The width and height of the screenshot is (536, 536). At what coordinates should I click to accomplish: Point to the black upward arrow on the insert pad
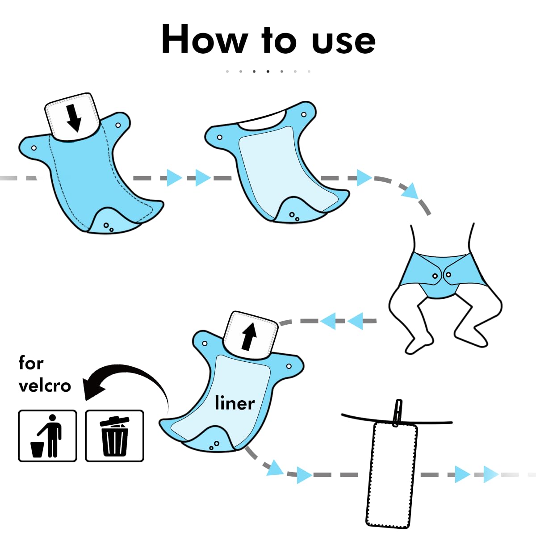click(x=249, y=336)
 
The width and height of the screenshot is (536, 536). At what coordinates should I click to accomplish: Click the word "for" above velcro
click(x=31, y=363)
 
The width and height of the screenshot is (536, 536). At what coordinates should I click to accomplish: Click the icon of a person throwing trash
click(x=47, y=436)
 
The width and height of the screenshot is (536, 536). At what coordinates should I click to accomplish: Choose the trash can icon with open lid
click(x=114, y=436)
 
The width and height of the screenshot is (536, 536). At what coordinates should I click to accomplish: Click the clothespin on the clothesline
click(x=397, y=413)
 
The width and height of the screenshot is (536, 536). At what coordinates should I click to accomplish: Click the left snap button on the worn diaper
click(x=435, y=276)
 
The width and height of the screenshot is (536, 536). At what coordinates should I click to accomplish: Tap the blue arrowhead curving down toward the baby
click(x=410, y=191)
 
